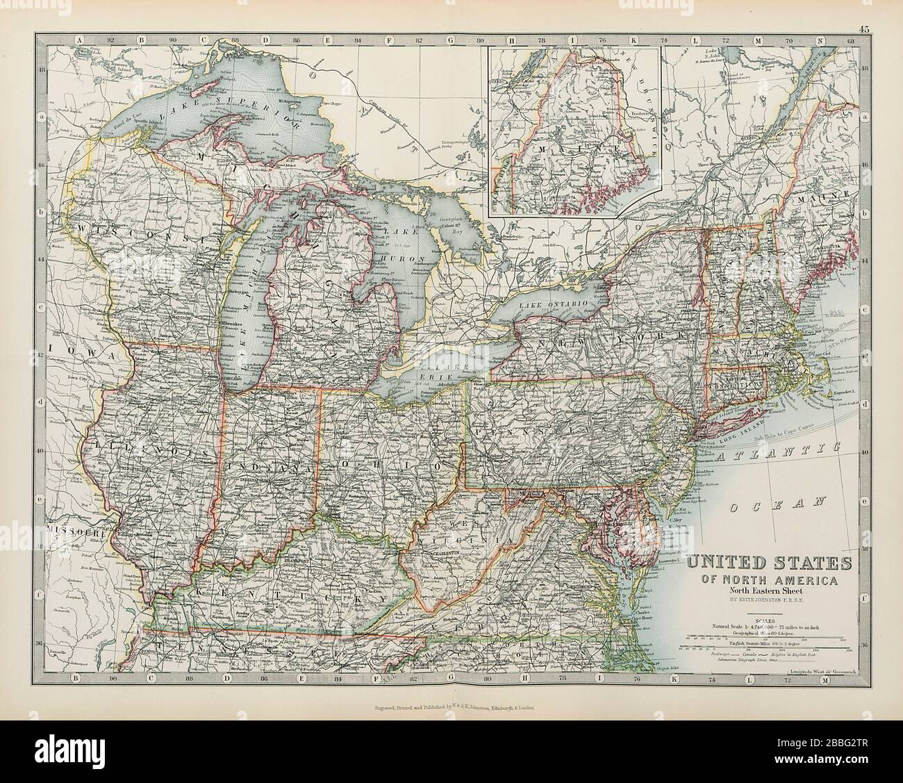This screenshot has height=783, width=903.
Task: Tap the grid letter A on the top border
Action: pyautogui.click(x=79, y=40)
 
